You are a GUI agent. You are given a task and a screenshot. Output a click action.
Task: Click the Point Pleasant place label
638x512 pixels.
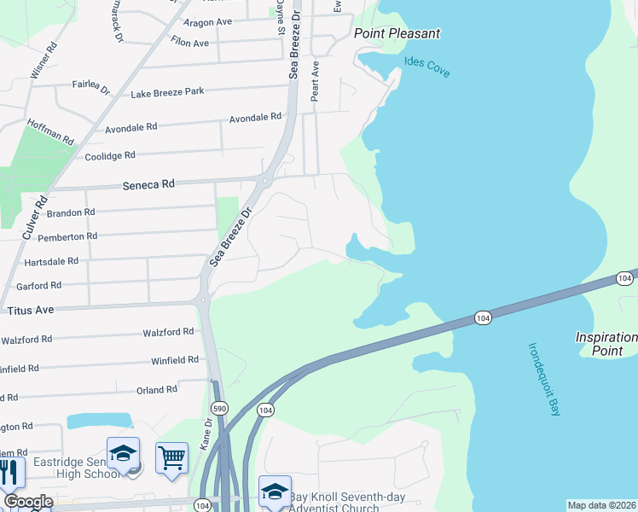click(397, 33)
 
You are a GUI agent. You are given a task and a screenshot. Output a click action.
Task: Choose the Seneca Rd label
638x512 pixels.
click(148, 183)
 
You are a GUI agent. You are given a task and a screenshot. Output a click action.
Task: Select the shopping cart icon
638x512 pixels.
click(171, 458)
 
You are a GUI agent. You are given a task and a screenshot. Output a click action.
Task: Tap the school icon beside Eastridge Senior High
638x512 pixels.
click(123, 453)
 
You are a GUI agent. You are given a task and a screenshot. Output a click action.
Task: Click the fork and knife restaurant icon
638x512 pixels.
click(9, 472)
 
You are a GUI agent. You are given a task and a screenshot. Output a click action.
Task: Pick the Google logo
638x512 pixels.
click(27, 502)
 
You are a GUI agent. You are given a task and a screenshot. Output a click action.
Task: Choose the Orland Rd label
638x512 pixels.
click(156, 389)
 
